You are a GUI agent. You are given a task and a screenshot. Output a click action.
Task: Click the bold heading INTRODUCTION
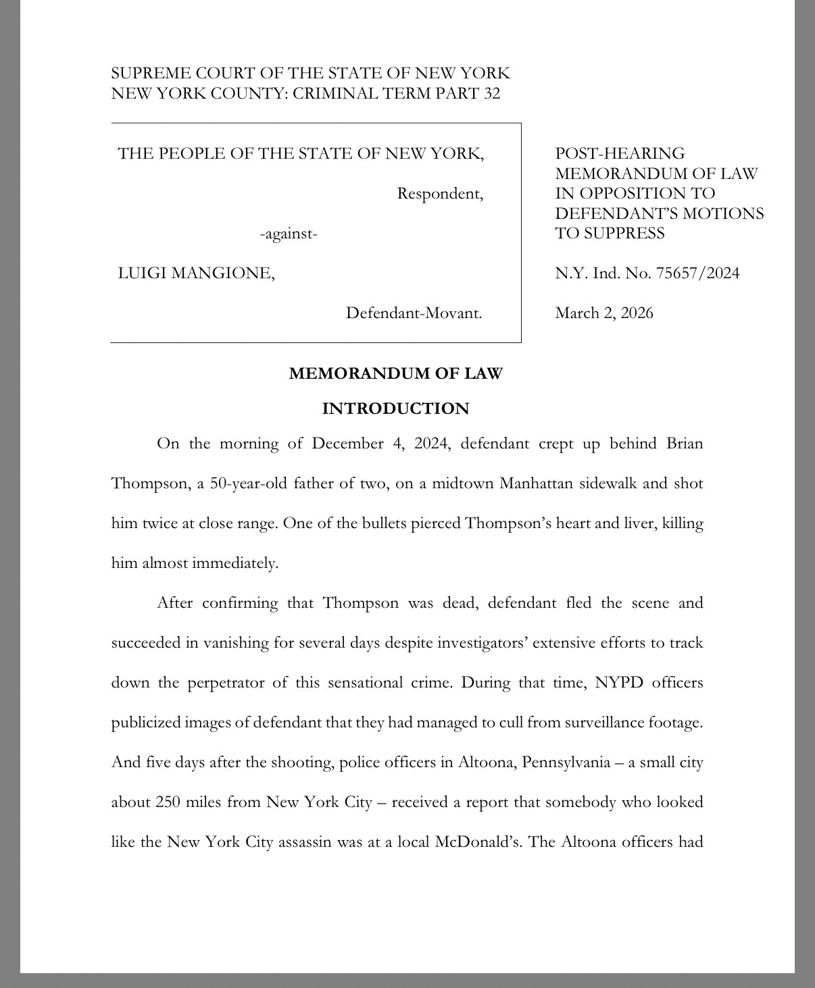(395, 409)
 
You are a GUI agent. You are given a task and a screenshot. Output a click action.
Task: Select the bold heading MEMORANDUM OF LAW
(395, 373)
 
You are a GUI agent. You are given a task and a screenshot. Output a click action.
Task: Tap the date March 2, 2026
(604, 313)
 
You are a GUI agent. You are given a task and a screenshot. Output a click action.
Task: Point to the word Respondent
(440, 194)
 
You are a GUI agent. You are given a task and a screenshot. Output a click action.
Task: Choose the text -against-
(289, 234)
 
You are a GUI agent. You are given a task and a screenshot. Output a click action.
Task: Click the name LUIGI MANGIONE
(196, 273)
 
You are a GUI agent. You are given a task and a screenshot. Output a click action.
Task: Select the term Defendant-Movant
(414, 313)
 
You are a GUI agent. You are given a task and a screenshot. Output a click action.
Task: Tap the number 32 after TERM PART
(492, 93)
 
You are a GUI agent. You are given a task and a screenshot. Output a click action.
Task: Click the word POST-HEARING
(620, 153)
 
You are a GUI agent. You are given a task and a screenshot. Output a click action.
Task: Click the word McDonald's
(478, 842)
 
